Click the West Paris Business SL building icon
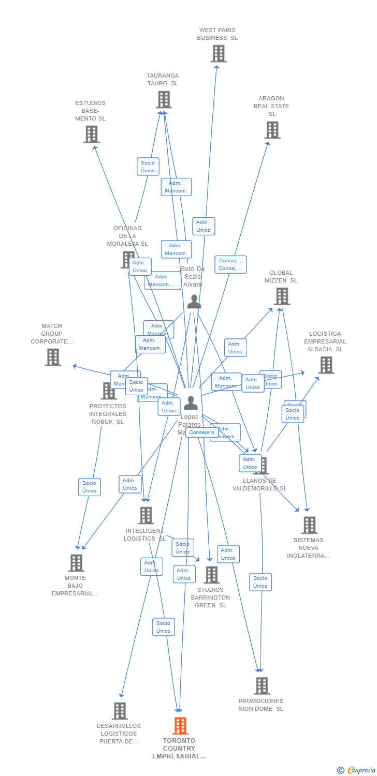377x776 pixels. coord(219,53)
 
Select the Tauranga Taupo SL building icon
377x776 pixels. coord(164,99)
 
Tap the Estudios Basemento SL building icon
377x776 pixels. coord(91,135)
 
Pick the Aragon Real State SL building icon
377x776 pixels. coord(272,130)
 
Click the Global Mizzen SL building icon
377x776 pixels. coord(282,296)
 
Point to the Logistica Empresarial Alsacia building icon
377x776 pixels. coord(326,365)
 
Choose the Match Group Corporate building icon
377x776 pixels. coord(53,357)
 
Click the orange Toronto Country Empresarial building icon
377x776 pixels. coord(180,726)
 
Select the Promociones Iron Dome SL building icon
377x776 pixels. coord(262,686)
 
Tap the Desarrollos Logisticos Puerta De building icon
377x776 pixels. coord(120,711)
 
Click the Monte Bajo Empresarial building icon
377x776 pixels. coord(76,563)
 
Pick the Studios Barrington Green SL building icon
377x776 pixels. coord(211,575)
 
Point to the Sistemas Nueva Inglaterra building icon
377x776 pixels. coord(309,525)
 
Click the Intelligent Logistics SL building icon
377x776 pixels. coord(146,515)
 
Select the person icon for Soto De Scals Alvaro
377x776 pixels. coord(194,302)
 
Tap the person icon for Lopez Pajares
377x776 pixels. coord(191,402)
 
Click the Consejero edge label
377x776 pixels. coord(201,432)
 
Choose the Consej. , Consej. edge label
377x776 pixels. coord(230,264)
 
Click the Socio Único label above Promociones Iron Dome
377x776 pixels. coord(260,582)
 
